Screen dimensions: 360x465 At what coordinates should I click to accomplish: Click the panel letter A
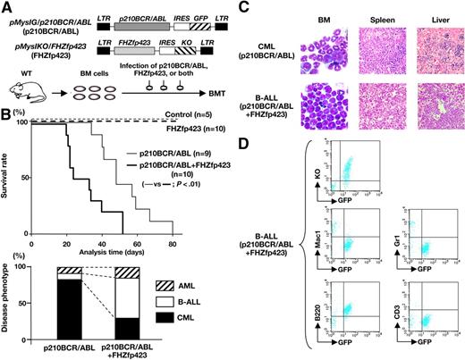pyautogui.click(x=7, y=8)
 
